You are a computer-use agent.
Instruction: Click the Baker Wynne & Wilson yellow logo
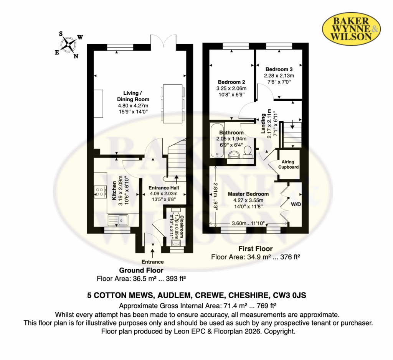click(x=352, y=29)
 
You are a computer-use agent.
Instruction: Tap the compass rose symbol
click(x=68, y=45)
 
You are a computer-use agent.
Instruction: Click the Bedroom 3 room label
click(x=279, y=69)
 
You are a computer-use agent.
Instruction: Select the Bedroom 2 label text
click(x=231, y=82)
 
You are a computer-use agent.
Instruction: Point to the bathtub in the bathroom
click(x=217, y=140)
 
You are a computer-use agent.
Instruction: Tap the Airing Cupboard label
click(x=288, y=164)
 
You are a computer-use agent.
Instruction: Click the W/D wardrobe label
click(x=296, y=204)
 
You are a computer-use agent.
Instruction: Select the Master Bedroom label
click(x=248, y=194)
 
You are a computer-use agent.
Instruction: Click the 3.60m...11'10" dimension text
click(x=248, y=223)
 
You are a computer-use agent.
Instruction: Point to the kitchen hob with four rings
click(x=99, y=192)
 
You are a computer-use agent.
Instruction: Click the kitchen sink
click(x=118, y=220)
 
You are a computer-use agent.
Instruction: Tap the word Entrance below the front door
click(x=153, y=261)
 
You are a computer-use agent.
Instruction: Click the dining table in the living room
click(x=173, y=104)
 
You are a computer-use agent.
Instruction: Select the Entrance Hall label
click(x=163, y=188)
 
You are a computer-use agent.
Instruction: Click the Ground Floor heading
click(x=141, y=270)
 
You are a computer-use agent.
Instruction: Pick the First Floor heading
click(x=255, y=248)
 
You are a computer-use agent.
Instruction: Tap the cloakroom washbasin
click(x=176, y=243)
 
